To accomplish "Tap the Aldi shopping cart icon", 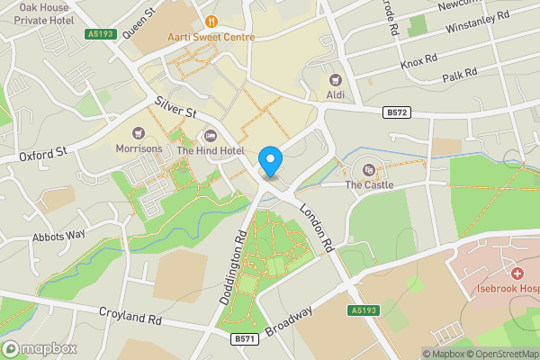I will (x=337, y=81).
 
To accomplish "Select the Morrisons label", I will (x=139, y=148).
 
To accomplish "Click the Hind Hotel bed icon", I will (x=211, y=136).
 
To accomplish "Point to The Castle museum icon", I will (x=369, y=169).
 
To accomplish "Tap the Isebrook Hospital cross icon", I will (x=517, y=274).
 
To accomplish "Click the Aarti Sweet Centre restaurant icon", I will (x=211, y=22).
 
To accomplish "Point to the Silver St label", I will (x=175, y=108).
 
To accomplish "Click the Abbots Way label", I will (x=58, y=235).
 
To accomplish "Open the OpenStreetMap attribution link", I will (x=501, y=354).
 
